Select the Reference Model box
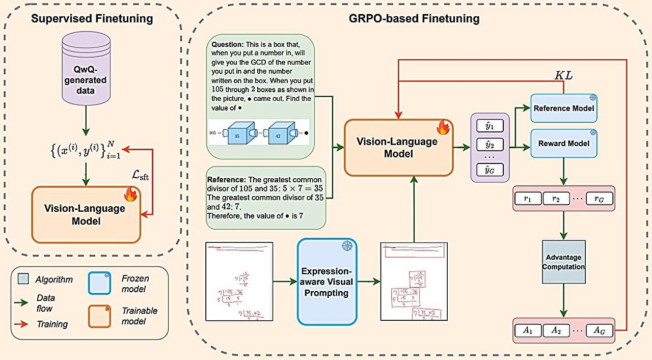coord(563,108)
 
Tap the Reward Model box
coord(563,143)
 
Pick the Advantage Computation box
coord(563,262)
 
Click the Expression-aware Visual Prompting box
coord(327,282)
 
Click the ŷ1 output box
coord(490,125)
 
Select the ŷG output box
coord(490,170)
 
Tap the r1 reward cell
coord(527,199)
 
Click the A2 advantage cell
coord(556,330)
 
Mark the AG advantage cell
coord(599,330)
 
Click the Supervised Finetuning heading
coord(92,19)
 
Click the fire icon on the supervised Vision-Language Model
coord(130,194)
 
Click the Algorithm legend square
coord(23,279)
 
